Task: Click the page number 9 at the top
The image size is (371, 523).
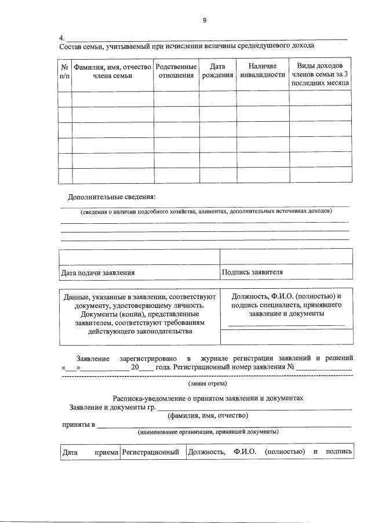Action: pyautogui.click(x=204, y=20)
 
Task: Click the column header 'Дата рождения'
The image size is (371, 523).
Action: pyautogui.click(x=217, y=70)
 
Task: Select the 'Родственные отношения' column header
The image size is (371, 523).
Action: pyautogui.click(x=176, y=70)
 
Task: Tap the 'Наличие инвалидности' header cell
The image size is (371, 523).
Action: pyautogui.click(x=262, y=70)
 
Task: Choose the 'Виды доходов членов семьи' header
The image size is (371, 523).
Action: pyautogui.click(x=321, y=74)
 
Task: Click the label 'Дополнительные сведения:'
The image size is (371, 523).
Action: pyautogui.click(x=112, y=197)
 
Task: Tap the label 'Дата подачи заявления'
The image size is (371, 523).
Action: pyautogui.click(x=98, y=272)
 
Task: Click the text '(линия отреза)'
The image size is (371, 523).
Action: pyautogui.click(x=208, y=383)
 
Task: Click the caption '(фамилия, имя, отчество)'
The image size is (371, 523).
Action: pyautogui.click(x=208, y=416)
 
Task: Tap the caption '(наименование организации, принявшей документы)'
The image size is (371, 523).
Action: pyautogui.click(x=208, y=432)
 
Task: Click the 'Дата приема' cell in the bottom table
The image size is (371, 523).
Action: pyautogui.click(x=89, y=452)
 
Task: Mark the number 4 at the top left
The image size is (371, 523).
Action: pyautogui.click(x=61, y=38)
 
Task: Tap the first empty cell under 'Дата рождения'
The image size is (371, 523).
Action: pyautogui.click(x=217, y=99)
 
